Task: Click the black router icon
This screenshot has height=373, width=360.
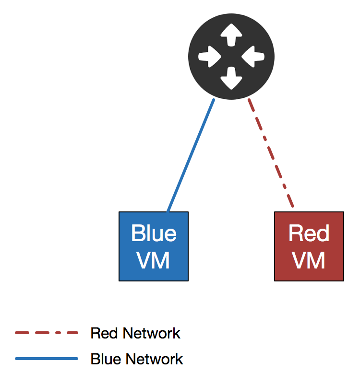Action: click(x=231, y=57)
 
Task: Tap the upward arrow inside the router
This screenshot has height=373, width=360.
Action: click(x=231, y=35)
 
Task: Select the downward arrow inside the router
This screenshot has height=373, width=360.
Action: click(x=231, y=78)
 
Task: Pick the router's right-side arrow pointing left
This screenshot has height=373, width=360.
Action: click(x=253, y=57)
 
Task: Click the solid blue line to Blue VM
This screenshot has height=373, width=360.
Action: click(x=191, y=155)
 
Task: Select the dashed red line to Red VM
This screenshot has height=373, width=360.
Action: click(x=271, y=153)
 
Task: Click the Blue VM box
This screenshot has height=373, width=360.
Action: click(x=154, y=246)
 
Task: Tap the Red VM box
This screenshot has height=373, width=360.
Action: click(x=309, y=246)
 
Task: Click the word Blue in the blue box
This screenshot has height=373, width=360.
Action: click(x=154, y=233)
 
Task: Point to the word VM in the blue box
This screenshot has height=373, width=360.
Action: click(x=153, y=260)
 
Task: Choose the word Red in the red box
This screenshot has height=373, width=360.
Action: click(x=309, y=233)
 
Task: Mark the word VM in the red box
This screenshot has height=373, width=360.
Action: click(x=309, y=260)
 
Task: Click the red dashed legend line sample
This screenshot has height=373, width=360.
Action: click(x=47, y=333)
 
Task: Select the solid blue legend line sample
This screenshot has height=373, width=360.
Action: click(x=47, y=359)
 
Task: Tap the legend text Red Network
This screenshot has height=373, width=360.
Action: click(x=135, y=333)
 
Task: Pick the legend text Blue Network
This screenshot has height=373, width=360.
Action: click(x=137, y=359)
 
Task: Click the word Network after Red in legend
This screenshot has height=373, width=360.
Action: click(x=151, y=333)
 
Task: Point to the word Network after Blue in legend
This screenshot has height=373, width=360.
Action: click(x=154, y=359)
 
